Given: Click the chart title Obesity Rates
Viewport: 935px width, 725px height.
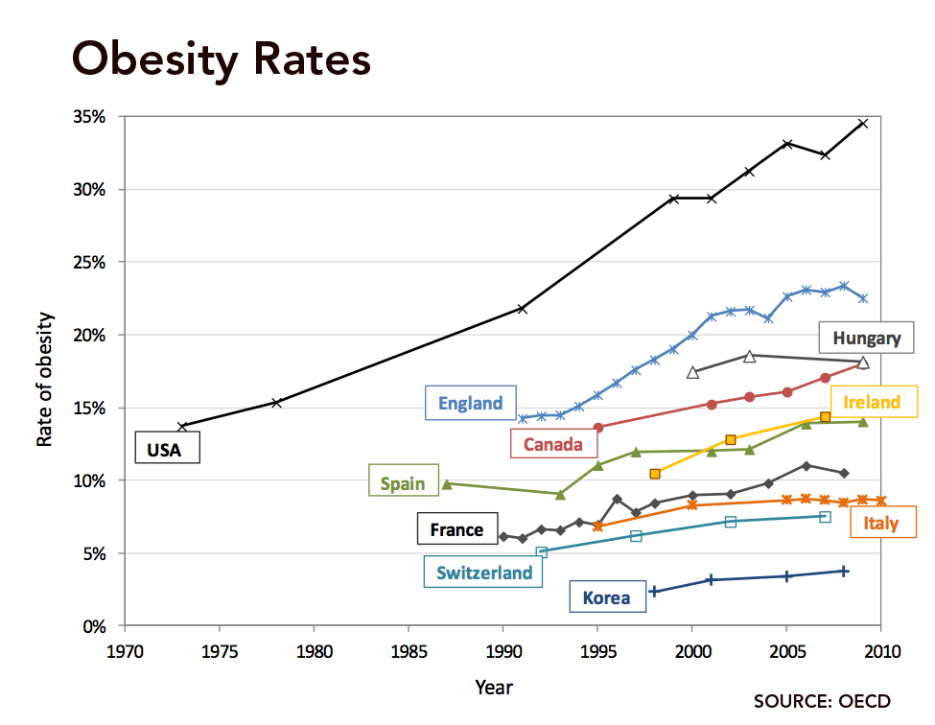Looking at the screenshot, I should [x=221, y=59].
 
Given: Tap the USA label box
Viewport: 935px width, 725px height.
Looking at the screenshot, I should [x=164, y=449].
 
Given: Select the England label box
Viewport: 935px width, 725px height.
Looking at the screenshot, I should [x=471, y=403].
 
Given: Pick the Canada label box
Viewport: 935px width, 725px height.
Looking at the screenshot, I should [x=553, y=444].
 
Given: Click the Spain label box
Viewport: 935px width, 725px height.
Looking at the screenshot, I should [x=403, y=482].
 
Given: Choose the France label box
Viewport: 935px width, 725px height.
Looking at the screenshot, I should [x=457, y=529].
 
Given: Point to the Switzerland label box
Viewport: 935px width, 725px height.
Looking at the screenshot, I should [x=484, y=573].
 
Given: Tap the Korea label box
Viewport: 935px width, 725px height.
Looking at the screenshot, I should [x=607, y=597].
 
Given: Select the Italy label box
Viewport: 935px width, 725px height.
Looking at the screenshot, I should [x=880, y=523].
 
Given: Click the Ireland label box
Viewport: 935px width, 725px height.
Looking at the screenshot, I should [x=872, y=402].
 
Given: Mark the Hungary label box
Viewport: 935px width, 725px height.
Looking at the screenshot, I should [x=867, y=338].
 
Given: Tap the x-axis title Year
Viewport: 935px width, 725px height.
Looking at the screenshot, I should [x=494, y=687].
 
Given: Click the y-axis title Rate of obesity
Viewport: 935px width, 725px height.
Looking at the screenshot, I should [x=45, y=379].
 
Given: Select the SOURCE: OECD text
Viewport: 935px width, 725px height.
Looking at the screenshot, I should [x=822, y=701].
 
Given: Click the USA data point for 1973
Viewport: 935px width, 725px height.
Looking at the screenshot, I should [x=181, y=426].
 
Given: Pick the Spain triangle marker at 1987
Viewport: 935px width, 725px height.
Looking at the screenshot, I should [x=447, y=484].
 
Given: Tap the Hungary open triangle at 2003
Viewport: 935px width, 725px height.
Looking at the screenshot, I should [x=750, y=356].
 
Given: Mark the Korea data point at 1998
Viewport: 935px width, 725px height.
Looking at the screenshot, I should [x=654, y=591].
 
